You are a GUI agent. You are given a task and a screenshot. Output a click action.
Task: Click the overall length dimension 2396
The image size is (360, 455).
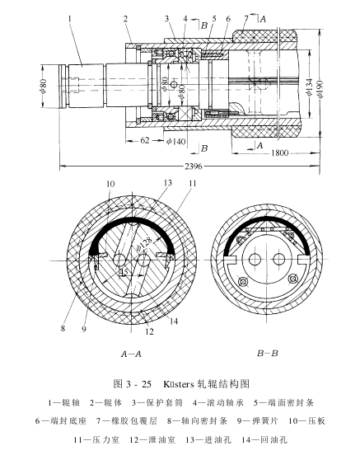tap(194, 167)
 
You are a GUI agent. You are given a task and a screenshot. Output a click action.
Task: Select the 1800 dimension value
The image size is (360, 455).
tap(280, 152)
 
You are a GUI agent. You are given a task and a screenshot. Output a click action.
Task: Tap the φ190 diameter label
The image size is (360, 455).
tap(320, 88)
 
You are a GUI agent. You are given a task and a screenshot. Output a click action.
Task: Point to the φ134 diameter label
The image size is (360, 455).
tap(309, 87)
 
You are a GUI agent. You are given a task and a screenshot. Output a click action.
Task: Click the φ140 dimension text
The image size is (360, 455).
tap(175, 141)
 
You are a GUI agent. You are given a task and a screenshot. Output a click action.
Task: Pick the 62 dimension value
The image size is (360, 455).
tap(145, 140)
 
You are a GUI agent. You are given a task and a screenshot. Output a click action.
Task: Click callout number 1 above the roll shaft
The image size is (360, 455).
tap(70, 19)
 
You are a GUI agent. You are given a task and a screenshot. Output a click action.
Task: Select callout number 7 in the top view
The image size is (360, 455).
tap(246, 19)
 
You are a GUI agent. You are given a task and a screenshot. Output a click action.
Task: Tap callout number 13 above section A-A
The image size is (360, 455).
tap(168, 182)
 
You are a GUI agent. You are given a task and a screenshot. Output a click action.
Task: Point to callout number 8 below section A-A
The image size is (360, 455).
tap(63, 328)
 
